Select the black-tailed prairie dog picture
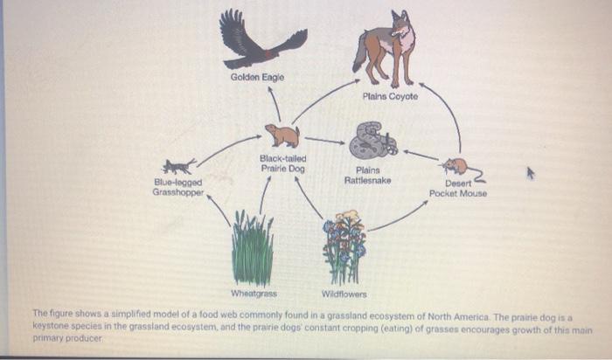[x=282, y=135]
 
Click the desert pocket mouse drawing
[x=456, y=165]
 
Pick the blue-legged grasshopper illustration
[x=180, y=166]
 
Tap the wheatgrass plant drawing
[x=253, y=248]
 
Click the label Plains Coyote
[x=390, y=96]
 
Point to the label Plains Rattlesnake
[x=368, y=176]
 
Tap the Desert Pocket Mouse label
[x=458, y=188]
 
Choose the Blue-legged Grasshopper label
[x=178, y=186]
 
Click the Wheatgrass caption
[x=254, y=294]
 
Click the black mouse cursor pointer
[x=529, y=174]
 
